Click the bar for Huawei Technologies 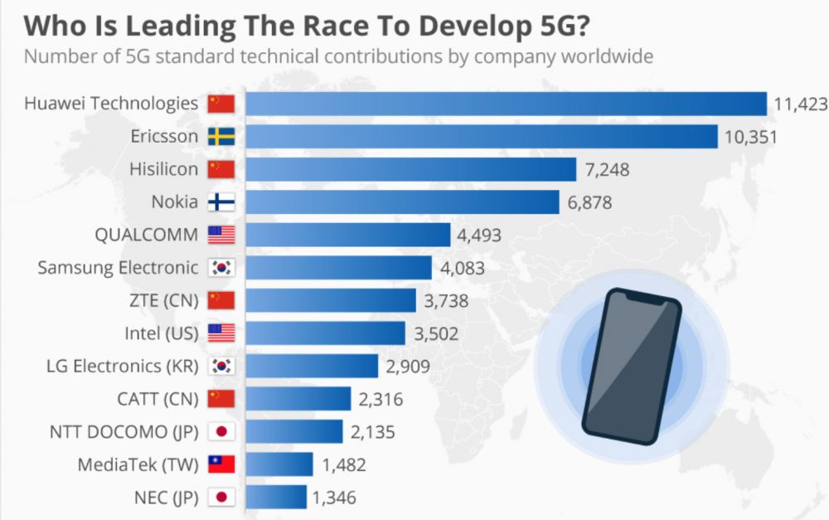point(506,104)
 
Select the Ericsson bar point(482,136)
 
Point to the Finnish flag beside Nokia point(221,202)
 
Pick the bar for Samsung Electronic point(339,267)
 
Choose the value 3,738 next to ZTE point(446,300)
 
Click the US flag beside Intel point(221,333)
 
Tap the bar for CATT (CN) point(298,399)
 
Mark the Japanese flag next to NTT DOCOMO point(221,431)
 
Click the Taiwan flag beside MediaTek point(221,464)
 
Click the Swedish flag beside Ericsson point(221,136)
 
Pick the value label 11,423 point(799,104)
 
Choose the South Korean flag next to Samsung point(221,267)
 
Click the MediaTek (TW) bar point(279,464)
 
